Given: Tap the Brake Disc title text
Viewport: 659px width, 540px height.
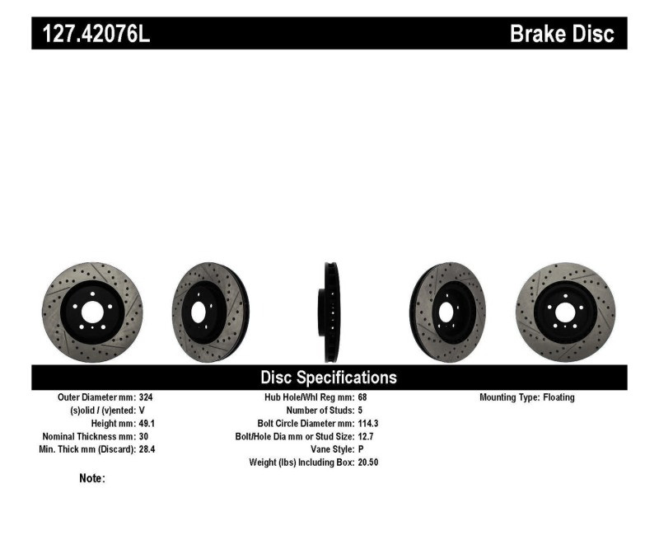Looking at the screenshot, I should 562,34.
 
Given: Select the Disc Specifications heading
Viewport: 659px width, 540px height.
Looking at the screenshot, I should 329,378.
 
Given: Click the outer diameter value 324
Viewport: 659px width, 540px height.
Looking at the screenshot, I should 147,397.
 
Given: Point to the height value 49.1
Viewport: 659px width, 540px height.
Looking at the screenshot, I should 147,423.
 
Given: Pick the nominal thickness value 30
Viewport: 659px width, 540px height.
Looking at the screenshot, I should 144,436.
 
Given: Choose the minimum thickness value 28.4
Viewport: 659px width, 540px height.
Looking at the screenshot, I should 147,449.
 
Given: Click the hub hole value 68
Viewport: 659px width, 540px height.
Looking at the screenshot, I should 363,397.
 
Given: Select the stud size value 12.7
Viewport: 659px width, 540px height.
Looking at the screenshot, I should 367,436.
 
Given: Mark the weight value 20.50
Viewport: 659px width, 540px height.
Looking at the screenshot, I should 368,463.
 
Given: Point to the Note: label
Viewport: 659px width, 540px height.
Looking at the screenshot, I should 91,478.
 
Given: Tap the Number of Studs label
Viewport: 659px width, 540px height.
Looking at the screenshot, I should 320,410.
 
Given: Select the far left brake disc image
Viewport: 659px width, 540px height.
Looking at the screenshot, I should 92,312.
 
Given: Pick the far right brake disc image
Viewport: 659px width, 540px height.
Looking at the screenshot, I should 565,312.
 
